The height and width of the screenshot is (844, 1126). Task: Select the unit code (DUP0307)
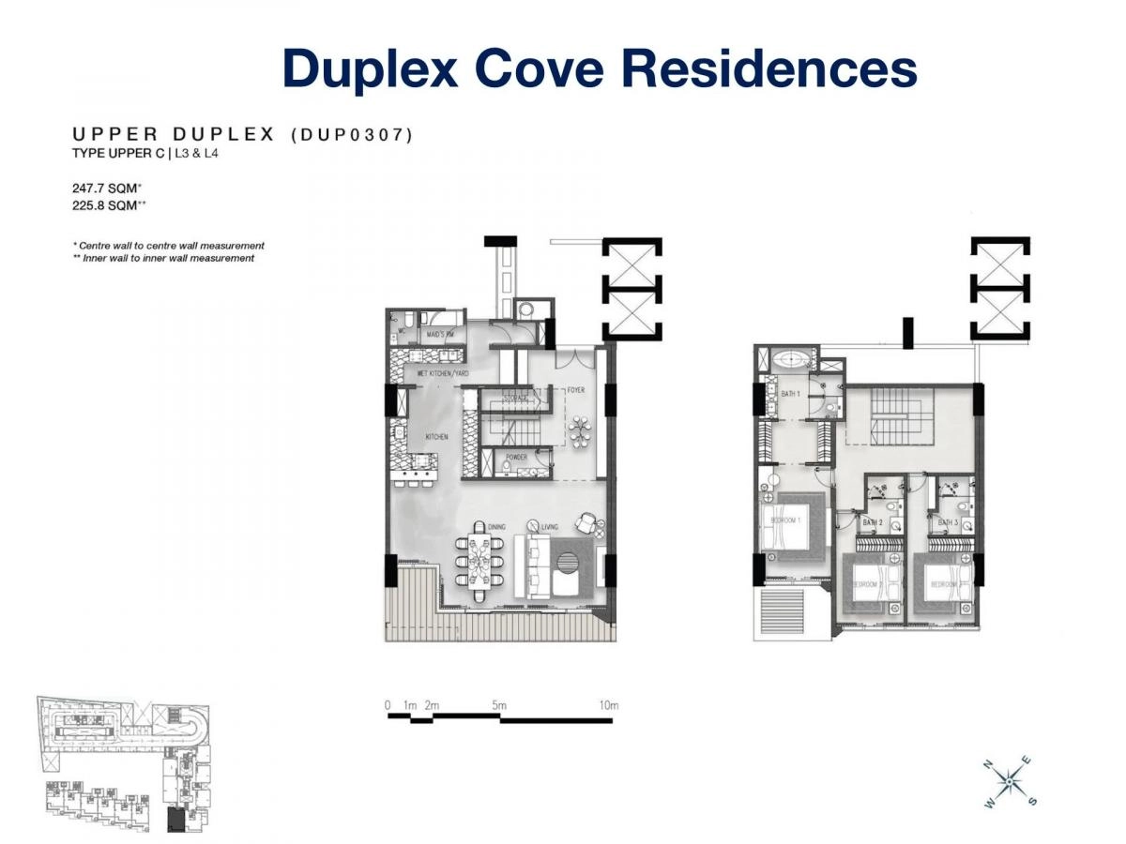(x=352, y=135)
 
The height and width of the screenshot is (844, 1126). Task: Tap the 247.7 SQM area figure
(x=106, y=188)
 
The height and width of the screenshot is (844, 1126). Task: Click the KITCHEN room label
(x=436, y=437)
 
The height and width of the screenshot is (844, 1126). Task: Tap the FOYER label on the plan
(x=575, y=390)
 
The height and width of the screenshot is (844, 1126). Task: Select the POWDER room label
(x=517, y=459)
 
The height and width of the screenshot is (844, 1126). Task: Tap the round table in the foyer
(x=578, y=430)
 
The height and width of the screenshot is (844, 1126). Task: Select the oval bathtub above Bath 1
(x=793, y=359)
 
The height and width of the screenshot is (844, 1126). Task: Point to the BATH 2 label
(x=874, y=521)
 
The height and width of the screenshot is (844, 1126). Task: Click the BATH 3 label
(x=948, y=521)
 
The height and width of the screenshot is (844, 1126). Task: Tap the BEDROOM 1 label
(x=785, y=520)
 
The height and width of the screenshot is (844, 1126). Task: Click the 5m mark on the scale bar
(x=498, y=705)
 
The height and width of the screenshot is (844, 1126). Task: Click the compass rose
(x=1008, y=779)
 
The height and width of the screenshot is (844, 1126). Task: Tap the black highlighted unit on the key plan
(x=176, y=820)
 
